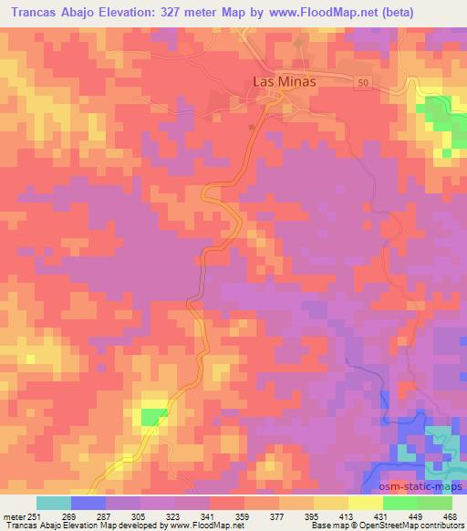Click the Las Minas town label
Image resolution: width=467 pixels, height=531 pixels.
click(x=283, y=81)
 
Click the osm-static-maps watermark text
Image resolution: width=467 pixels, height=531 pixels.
click(x=425, y=486)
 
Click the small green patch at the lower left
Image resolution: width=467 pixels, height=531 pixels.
click(x=148, y=417)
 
